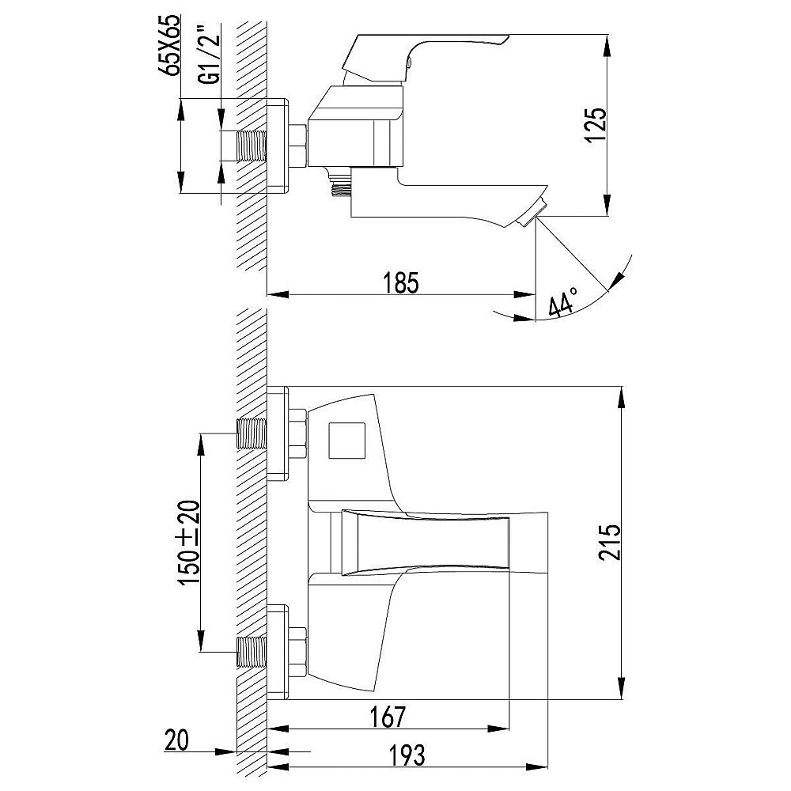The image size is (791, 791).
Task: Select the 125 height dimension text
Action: (x=596, y=125)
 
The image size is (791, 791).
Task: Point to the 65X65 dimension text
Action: (x=172, y=45)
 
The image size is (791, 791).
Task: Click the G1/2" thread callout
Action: (x=214, y=59)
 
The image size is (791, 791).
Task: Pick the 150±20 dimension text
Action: (x=189, y=543)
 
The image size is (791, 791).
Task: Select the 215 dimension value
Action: (x=610, y=543)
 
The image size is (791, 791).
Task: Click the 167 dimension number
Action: (x=388, y=717)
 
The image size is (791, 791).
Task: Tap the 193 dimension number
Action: (x=407, y=755)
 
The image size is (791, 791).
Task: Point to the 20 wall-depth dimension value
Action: (x=176, y=740)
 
